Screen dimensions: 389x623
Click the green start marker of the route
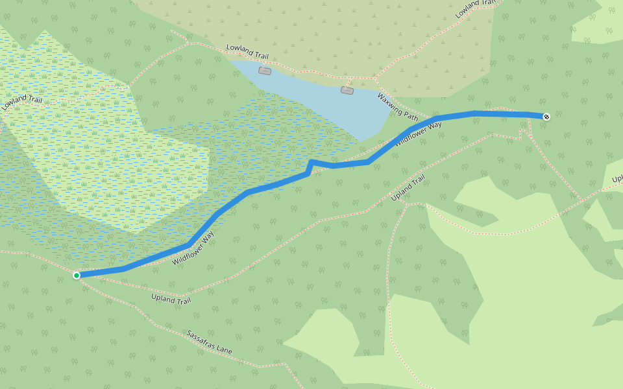(x=77, y=276)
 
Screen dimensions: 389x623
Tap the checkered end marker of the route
(x=546, y=117)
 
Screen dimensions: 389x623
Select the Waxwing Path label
(x=398, y=107)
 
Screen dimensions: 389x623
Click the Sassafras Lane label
(x=209, y=342)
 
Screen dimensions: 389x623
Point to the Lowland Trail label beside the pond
(x=247, y=52)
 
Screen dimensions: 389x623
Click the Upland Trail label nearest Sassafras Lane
(x=171, y=300)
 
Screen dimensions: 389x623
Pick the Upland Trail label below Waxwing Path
(x=409, y=188)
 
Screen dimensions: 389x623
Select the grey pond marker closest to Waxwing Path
(x=347, y=90)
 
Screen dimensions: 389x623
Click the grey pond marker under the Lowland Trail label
(x=264, y=71)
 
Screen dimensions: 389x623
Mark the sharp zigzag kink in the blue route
(x=311, y=165)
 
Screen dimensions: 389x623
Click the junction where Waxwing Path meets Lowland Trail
(x=376, y=79)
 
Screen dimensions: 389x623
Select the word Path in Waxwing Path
(x=410, y=116)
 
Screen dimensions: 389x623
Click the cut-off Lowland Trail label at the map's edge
(x=476, y=8)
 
